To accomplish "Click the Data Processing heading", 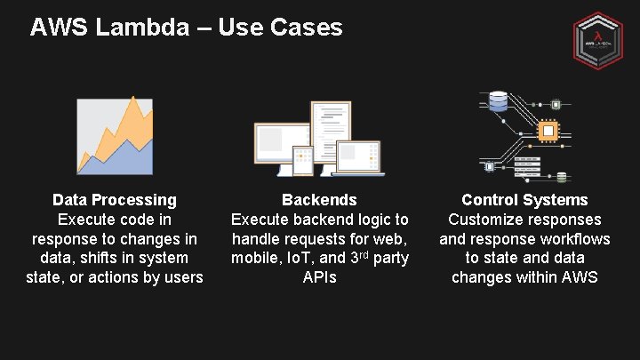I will point(115,200).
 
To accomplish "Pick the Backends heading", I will point(319,200).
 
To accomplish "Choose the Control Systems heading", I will point(524,200).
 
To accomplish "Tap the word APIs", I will point(319,277).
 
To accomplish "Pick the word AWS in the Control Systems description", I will point(580,277).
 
